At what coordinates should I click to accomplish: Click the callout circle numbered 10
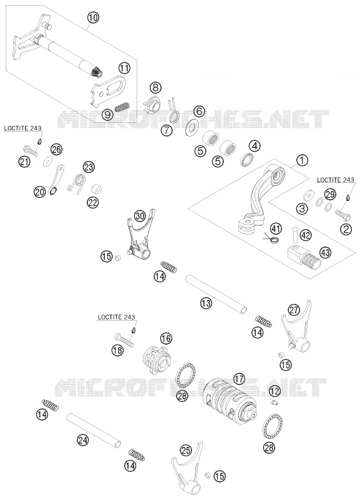click(92, 17)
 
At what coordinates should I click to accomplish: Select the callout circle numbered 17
click(239, 379)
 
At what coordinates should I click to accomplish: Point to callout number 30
click(140, 216)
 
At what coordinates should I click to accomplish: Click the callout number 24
click(83, 440)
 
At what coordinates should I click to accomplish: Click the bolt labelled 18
click(124, 339)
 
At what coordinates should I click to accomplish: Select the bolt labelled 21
click(31, 149)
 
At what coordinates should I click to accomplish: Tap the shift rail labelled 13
click(216, 293)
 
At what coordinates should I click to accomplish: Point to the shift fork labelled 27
click(296, 331)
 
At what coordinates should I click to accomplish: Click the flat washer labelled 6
click(192, 129)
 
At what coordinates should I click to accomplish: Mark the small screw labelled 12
click(275, 403)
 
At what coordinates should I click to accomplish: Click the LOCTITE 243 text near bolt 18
click(116, 317)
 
